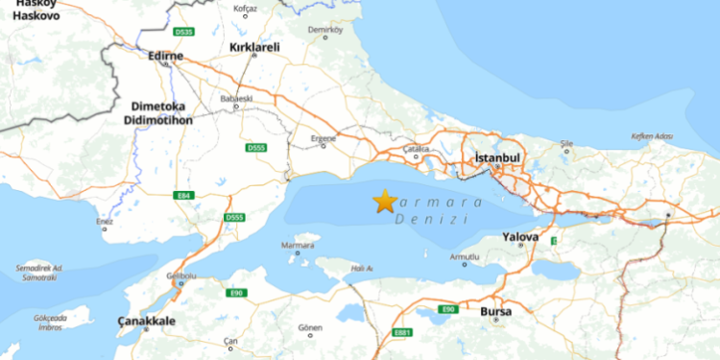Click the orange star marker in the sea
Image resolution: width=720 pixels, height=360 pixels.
click(x=385, y=201)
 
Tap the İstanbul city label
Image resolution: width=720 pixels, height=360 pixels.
click(x=497, y=156)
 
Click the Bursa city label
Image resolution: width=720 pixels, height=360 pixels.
click(x=495, y=312)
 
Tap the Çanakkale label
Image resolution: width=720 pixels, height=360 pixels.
click(x=146, y=321)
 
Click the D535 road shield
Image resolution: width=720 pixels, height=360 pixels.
click(x=185, y=32)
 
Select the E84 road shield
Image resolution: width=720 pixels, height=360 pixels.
click(x=184, y=196)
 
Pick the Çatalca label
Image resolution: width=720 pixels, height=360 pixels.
click(x=417, y=149)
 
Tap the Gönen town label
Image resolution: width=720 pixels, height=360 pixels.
click(x=311, y=327)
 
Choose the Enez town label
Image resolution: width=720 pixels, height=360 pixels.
click(x=105, y=222)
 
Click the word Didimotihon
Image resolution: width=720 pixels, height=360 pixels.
click(x=158, y=122)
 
